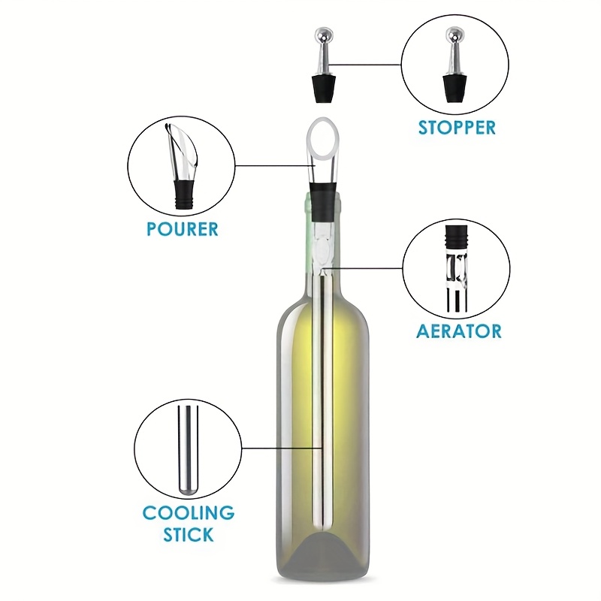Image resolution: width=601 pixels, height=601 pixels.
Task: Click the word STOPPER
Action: coord(457,128)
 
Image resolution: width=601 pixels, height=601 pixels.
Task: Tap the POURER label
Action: coord(183,229)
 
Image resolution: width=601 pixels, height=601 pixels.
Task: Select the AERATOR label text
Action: coord(459,331)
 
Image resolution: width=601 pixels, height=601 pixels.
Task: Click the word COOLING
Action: coord(189,512)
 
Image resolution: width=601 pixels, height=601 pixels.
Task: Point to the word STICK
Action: coord(189,534)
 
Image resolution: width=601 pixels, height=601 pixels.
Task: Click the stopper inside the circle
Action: coord(455,65)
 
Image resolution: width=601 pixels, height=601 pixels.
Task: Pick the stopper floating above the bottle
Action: coord(323,65)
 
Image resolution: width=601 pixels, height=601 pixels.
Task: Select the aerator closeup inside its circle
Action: coord(457,268)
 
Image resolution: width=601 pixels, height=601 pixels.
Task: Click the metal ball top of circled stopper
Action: coord(455,36)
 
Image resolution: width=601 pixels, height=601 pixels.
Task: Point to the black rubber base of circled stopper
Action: coord(455,89)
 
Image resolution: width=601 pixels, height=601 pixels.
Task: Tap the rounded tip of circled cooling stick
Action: coord(188,491)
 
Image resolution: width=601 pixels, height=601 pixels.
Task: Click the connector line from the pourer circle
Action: coord(275,165)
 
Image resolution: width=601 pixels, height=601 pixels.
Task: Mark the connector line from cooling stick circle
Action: coord(281,448)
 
